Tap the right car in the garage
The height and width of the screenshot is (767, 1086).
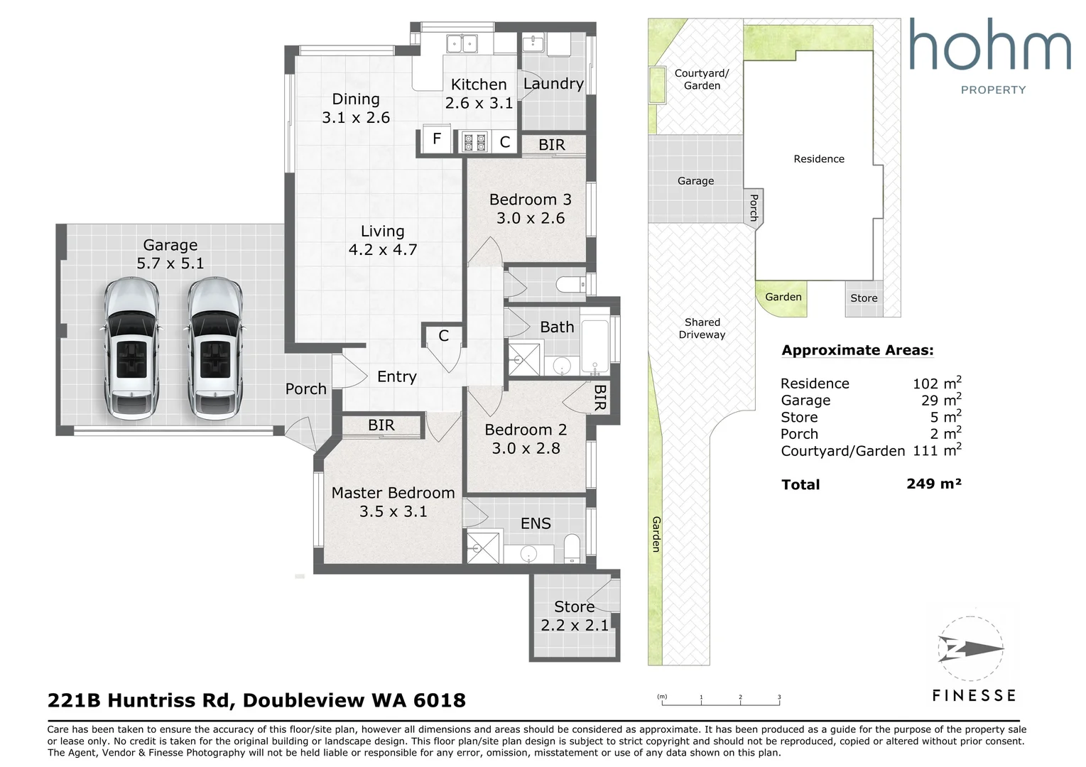215,348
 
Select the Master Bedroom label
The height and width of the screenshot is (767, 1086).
393,493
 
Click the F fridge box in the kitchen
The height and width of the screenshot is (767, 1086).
437,139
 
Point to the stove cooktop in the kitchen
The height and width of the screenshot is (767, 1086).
474,142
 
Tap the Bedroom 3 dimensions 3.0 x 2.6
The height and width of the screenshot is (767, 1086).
531,218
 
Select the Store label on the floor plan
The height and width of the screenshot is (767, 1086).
575,606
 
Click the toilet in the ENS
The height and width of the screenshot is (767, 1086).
572,548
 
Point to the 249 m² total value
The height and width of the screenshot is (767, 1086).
934,484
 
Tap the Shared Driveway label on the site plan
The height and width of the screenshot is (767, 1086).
702,328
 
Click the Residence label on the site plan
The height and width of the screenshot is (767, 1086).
819,159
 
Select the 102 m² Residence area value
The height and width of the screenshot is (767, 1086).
937,383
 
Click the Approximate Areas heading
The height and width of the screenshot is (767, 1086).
857,350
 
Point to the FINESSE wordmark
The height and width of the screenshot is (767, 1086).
974,696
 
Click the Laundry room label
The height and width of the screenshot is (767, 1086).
553,84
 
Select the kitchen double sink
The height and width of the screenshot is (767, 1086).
462,43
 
